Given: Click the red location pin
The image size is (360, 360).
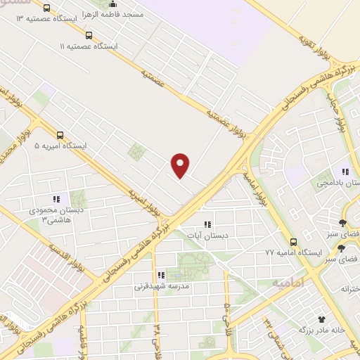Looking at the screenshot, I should [181, 165].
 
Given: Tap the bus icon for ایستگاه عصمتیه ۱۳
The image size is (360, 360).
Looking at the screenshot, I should [46, 8].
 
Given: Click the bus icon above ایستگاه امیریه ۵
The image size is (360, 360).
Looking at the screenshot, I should [60, 136].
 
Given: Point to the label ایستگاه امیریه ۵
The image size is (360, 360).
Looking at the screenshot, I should [60, 146].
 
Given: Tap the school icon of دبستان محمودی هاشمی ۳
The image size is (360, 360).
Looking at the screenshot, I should [56, 200].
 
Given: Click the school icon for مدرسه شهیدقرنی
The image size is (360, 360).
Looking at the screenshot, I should [160, 276].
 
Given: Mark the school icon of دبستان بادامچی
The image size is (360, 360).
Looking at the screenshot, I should [345, 172].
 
